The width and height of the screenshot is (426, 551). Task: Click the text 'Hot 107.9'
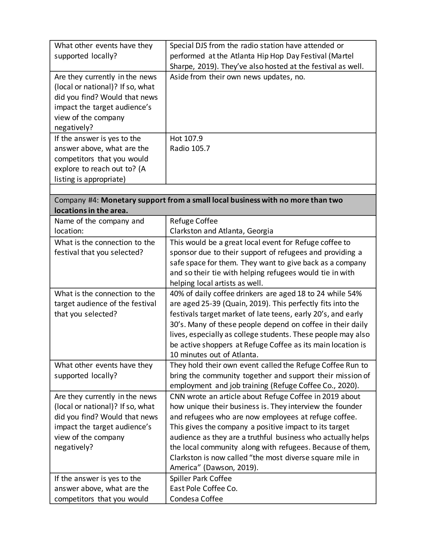point(186,138)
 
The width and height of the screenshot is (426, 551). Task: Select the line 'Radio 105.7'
point(190,148)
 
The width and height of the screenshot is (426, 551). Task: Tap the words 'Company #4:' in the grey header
point(77,200)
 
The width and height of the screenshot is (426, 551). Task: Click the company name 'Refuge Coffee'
point(194,221)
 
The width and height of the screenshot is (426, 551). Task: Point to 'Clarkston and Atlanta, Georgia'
point(221,231)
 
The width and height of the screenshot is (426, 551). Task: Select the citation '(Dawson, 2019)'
point(231,467)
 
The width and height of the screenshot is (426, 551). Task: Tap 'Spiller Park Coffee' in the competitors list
point(201,479)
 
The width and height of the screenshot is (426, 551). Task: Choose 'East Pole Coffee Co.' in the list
point(203,489)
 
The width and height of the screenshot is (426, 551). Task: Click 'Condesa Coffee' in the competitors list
point(196,499)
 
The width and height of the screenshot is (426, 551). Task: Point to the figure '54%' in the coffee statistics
point(355,293)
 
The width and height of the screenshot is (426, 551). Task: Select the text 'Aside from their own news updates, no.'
point(237,77)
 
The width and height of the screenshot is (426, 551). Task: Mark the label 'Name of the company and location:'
point(99,226)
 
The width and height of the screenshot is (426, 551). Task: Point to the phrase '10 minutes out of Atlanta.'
point(214,355)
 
